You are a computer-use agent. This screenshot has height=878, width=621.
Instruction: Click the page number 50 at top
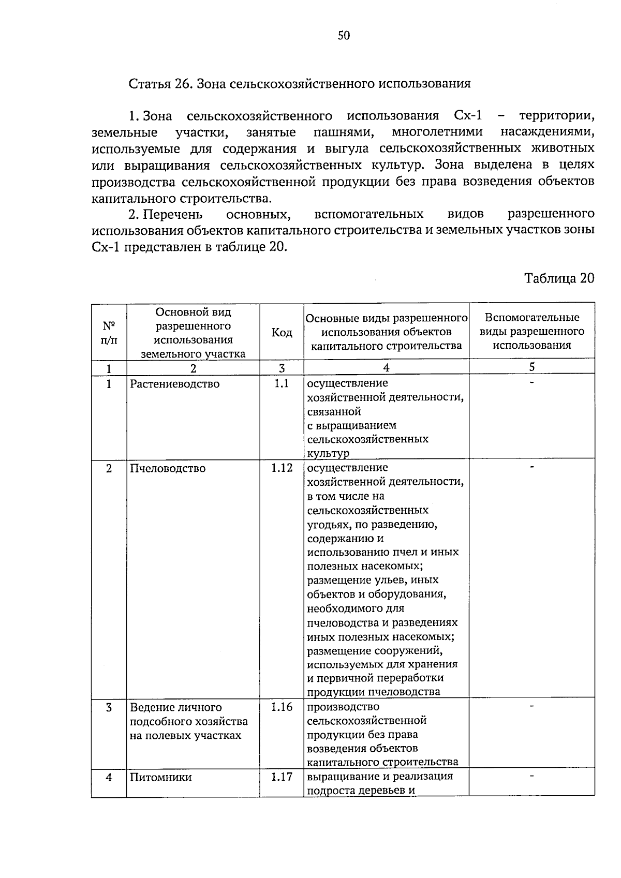click(x=344, y=36)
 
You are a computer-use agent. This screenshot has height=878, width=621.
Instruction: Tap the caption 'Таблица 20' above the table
click(x=559, y=278)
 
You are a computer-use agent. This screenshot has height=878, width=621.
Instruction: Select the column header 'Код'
click(x=282, y=333)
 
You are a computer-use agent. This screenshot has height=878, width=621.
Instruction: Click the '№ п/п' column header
click(x=109, y=333)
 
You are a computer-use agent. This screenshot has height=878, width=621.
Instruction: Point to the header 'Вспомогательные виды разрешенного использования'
click(x=531, y=331)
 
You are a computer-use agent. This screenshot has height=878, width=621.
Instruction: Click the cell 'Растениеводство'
click(x=174, y=384)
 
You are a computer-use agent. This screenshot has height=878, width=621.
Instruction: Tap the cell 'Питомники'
click(x=160, y=777)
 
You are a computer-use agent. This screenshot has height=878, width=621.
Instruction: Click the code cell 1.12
click(x=282, y=468)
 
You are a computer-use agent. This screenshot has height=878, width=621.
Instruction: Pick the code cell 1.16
click(x=282, y=707)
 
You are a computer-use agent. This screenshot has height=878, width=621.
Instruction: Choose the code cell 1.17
click(x=282, y=777)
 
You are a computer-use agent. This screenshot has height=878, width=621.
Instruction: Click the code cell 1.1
click(x=282, y=383)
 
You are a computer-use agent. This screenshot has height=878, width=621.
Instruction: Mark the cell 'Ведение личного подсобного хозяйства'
click(x=188, y=721)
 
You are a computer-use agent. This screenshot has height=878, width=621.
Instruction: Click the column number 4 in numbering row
click(x=386, y=368)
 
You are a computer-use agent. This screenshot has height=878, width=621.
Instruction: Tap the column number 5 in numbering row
click(x=531, y=367)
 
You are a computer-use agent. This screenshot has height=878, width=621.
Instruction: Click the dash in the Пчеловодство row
click(x=531, y=468)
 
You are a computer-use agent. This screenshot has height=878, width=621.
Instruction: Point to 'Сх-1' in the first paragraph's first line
click(x=468, y=115)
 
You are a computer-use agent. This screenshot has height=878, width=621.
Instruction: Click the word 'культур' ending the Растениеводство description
click(x=328, y=453)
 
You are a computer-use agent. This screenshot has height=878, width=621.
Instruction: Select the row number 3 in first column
click(x=109, y=707)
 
